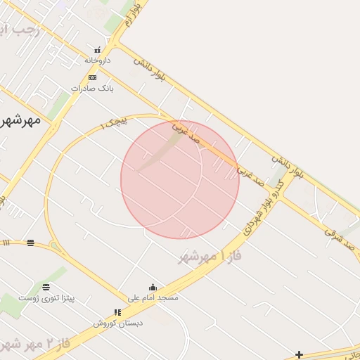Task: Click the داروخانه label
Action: (98, 60)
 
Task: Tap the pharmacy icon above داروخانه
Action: (98, 51)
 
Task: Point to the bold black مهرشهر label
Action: (21, 120)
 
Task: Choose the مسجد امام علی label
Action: (153, 298)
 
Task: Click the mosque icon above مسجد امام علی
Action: (153, 288)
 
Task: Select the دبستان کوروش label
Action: (118, 323)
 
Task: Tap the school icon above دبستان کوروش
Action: (118, 313)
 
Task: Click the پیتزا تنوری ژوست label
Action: (46, 298)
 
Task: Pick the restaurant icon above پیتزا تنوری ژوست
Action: (46, 287)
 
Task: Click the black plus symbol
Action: (300, 354)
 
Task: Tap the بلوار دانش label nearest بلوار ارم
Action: (150, 71)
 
